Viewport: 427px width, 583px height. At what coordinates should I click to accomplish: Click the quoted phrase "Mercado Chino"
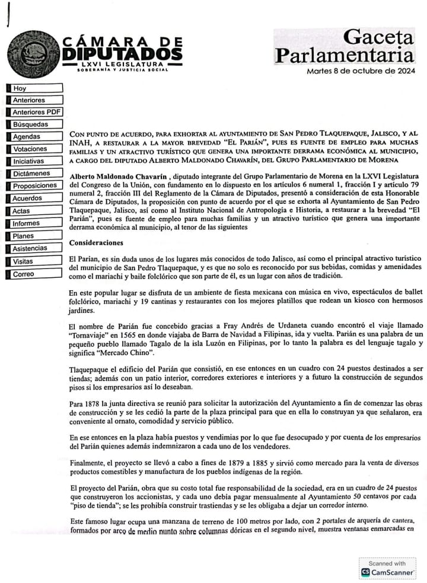coord(133,354)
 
